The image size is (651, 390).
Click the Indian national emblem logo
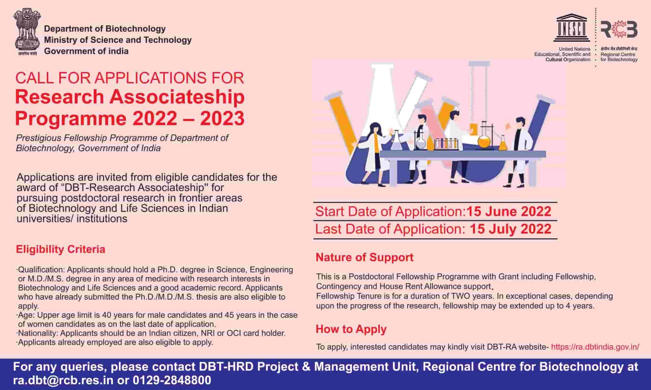tap(27, 31)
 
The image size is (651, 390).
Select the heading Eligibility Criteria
tap(61, 249)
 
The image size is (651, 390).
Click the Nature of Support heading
tap(364, 257)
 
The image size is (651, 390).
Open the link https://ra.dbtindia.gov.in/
tap(595, 347)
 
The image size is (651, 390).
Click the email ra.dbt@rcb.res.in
tap(63, 380)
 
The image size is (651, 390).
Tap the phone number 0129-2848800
tap(172, 380)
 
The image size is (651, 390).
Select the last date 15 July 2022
tap(510, 229)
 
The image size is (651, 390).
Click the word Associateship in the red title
tap(177, 97)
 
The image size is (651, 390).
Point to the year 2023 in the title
tap(222, 119)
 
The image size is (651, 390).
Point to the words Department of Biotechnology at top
tap(105, 29)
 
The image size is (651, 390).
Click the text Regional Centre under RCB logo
tap(618, 54)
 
